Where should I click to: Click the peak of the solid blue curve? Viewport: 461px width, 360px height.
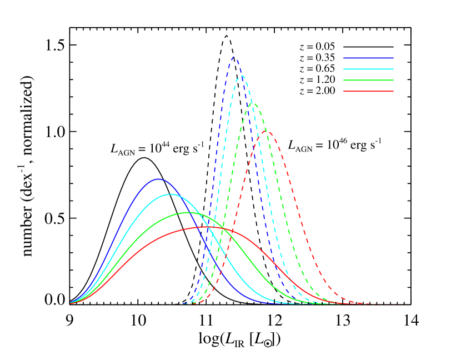pyautogui.click(x=158, y=179)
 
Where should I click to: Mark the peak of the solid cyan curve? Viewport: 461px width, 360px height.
pyautogui.click(x=171, y=194)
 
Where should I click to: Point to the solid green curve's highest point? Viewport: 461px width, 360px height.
pyautogui.click(x=189, y=212)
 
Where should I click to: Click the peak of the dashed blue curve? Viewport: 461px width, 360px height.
pyautogui.click(x=234, y=57)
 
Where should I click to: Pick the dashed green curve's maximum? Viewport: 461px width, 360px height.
pyautogui.click(x=253, y=103)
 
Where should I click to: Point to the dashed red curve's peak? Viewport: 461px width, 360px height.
pyautogui.click(x=267, y=132)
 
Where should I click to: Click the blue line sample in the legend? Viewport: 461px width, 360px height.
pyautogui.click(x=368, y=58)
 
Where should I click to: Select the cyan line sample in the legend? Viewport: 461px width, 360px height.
pyautogui.click(x=368, y=69)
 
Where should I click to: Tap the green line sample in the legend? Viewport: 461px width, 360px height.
pyautogui.click(x=368, y=80)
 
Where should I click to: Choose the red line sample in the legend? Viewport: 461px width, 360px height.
pyautogui.click(x=368, y=91)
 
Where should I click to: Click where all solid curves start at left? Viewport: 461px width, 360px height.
pyautogui.click(x=71, y=303)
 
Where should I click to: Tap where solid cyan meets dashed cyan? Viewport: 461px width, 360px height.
pyautogui.click(x=214, y=238)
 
